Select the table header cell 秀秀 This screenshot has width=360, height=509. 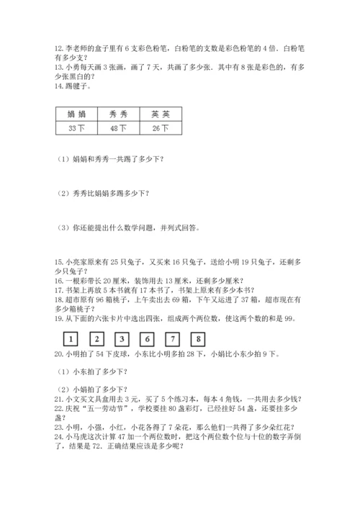click(x=119, y=114)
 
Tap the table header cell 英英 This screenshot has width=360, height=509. click(x=161, y=114)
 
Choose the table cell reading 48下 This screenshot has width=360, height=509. click(x=119, y=128)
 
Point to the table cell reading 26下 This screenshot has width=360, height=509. click(x=161, y=128)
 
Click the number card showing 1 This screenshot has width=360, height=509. click(x=71, y=338)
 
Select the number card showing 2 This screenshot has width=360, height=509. click(x=96, y=338)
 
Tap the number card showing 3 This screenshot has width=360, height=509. click(x=122, y=338)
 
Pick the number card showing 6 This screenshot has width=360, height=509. click(x=148, y=338)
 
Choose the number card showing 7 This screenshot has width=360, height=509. click(x=174, y=338)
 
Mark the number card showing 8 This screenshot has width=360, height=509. click(x=199, y=338)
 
